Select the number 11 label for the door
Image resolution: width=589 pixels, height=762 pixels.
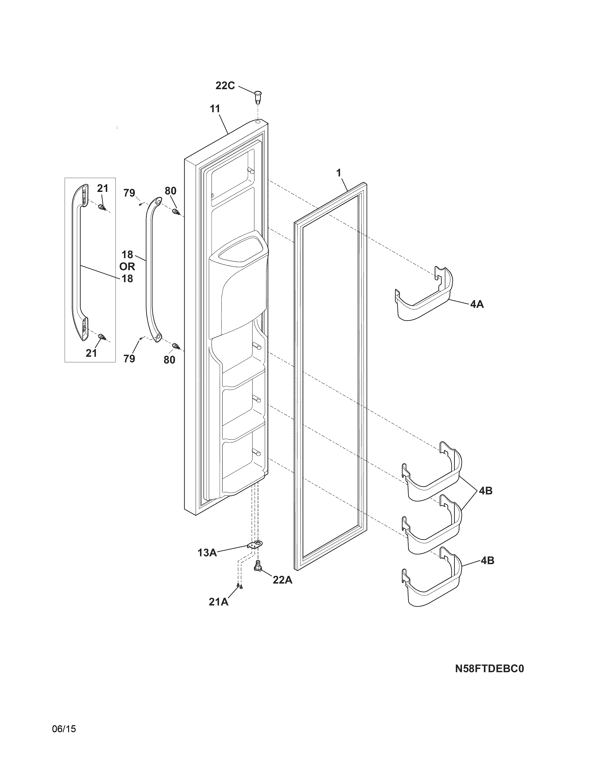tap(215, 109)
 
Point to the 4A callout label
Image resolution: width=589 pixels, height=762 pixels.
tap(477, 304)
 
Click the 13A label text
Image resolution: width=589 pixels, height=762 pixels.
tap(207, 553)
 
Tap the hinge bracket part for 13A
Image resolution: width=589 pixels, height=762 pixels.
tap(255, 544)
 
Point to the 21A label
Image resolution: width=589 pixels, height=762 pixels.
tap(219, 602)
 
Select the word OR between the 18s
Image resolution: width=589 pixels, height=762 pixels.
tap(127, 266)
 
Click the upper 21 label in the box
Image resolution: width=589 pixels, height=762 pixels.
tap(103, 188)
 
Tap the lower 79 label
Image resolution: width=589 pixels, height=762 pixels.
tap(129, 358)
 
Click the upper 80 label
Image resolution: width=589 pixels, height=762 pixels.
tap(170, 191)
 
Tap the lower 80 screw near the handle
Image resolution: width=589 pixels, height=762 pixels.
tap(176, 346)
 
